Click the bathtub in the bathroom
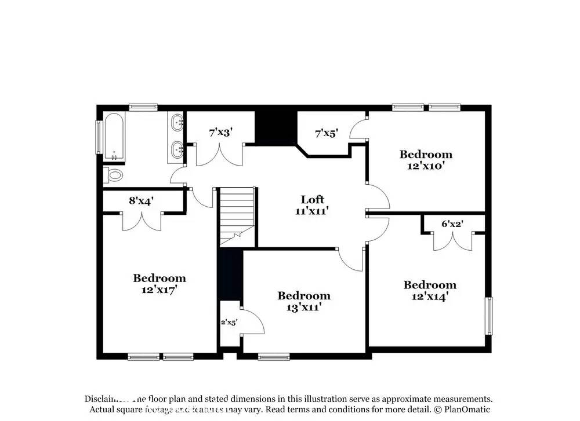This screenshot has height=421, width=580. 114,137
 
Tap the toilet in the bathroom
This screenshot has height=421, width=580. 114,175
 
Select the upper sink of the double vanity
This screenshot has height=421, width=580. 177,122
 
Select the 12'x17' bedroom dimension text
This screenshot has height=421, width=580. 159,290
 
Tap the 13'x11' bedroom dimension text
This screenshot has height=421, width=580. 304,307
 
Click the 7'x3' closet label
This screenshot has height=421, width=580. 220,132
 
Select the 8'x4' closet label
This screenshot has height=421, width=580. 141,201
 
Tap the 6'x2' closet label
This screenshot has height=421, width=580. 453,224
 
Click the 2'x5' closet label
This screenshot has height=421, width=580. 229,322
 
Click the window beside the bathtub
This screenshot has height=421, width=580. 98,137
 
